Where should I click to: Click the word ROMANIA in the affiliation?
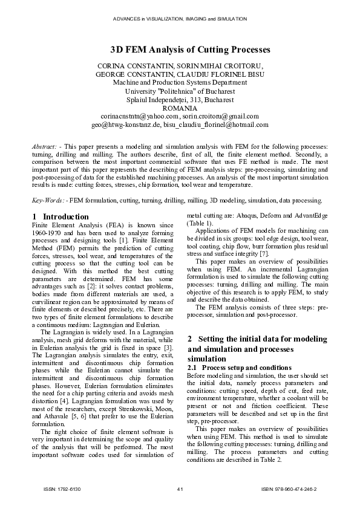click(x=180, y=108)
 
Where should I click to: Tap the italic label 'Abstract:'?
click(x=45, y=147)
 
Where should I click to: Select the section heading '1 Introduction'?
click(x=60, y=216)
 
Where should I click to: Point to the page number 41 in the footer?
click(x=180, y=488)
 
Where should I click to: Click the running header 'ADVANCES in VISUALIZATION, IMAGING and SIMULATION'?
click(x=180, y=19)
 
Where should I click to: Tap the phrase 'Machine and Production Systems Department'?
click(x=180, y=82)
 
